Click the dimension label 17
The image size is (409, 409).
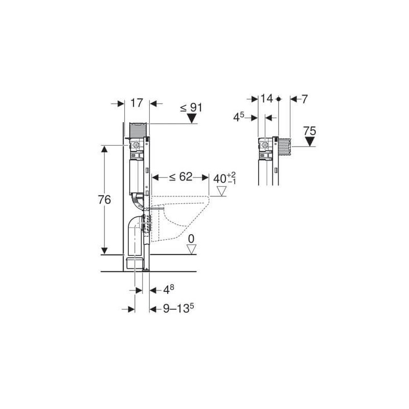[136, 103]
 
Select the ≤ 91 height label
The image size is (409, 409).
[191, 108]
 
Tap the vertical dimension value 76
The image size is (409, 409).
[104, 200]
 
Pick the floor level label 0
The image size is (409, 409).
[191, 239]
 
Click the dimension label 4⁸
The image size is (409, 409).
[169, 290]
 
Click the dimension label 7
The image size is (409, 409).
[305, 99]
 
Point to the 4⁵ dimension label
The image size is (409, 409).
[239, 117]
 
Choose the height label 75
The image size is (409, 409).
[309, 131]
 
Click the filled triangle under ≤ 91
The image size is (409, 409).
[192, 119]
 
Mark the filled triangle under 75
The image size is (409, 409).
[309, 142]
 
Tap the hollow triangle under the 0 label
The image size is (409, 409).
[192, 249]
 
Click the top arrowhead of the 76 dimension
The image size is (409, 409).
[104, 149]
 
